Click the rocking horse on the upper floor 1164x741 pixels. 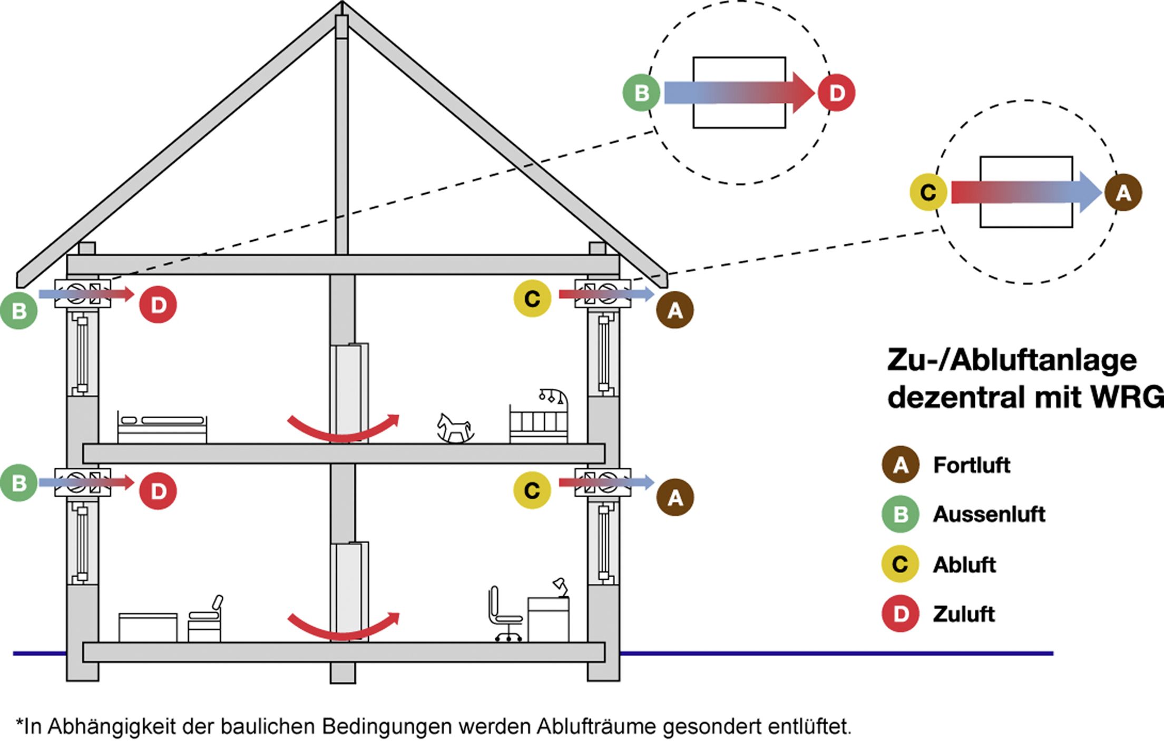coord(455,428)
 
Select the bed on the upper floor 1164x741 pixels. coord(162,428)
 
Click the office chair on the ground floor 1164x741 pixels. coord(504,615)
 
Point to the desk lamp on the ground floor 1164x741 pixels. coord(560,586)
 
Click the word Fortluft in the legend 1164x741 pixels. coord(971,466)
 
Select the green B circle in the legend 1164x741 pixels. coord(901,514)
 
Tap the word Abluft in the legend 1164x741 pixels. coord(964,565)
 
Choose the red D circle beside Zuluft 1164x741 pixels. coord(901,614)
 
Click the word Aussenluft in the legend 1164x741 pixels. coord(989,515)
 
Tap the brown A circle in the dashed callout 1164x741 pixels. coord(1123,193)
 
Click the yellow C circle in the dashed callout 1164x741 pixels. coord(928,193)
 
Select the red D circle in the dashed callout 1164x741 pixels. coord(836,93)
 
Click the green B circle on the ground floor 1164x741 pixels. coord(19,482)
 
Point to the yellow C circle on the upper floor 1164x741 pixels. coord(532,299)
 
